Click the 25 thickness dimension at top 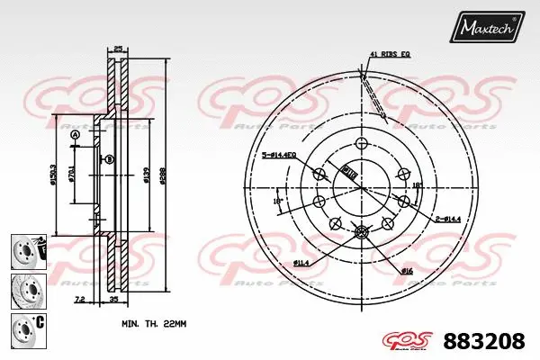click(x=117, y=49)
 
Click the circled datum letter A click(x=75, y=136)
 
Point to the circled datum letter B click(x=108, y=159)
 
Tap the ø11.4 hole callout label click(x=301, y=262)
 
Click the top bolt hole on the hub click(x=362, y=145)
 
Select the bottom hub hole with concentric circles click(x=362, y=233)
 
